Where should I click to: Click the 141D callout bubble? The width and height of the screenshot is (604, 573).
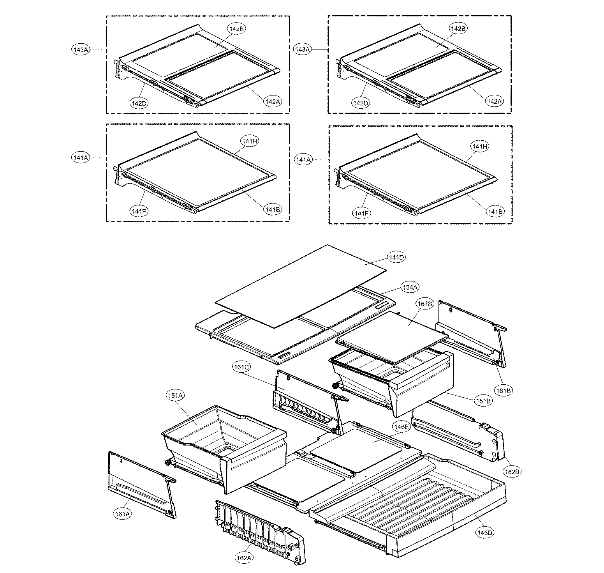coord(396,257)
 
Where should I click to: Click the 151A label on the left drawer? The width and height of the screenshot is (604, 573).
coord(174,396)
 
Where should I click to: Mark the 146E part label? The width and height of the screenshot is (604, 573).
coord(401,427)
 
